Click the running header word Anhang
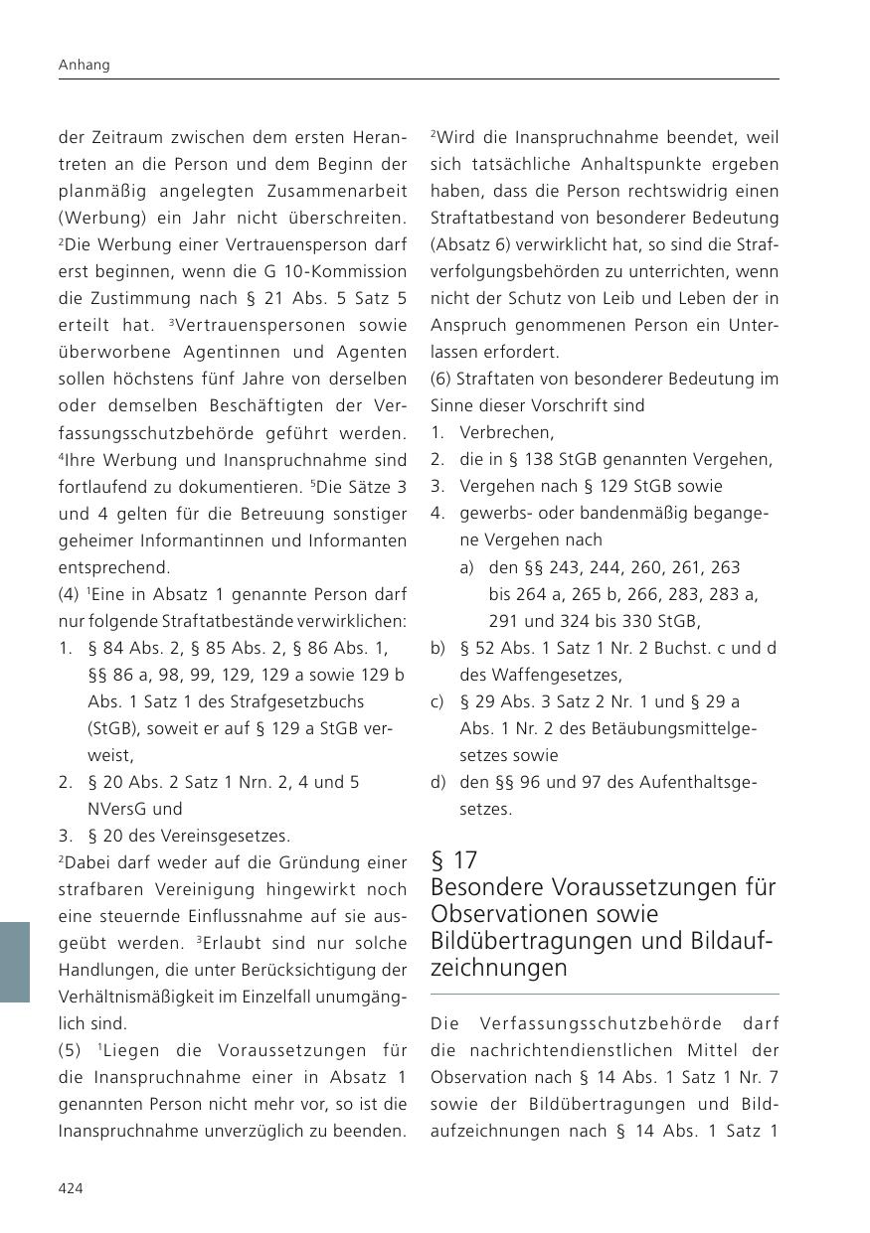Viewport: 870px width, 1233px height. (84, 65)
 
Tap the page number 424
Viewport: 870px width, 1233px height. (71, 1188)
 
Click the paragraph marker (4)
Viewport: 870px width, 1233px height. (70, 594)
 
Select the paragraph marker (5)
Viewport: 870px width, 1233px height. (70, 1050)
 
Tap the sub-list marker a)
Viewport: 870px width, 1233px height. (466, 567)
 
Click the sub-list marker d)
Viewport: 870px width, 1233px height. (437, 782)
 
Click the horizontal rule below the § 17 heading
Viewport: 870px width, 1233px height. (605, 994)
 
